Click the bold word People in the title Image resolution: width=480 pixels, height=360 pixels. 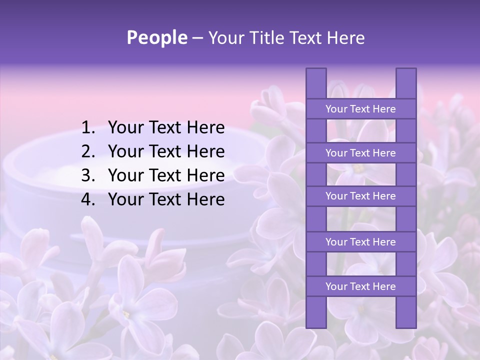[156, 37]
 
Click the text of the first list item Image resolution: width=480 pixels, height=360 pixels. [166, 128]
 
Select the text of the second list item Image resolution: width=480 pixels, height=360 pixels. [166, 151]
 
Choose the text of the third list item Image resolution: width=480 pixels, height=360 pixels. [166, 175]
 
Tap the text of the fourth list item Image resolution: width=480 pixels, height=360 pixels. [166, 199]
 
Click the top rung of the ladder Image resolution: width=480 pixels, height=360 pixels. [360, 109]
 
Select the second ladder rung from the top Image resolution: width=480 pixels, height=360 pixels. [360, 153]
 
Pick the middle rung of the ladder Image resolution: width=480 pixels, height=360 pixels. [360, 196]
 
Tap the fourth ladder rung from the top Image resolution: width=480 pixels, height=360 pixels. [360, 242]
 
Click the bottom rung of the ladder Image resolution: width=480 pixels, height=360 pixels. [360, 286]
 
